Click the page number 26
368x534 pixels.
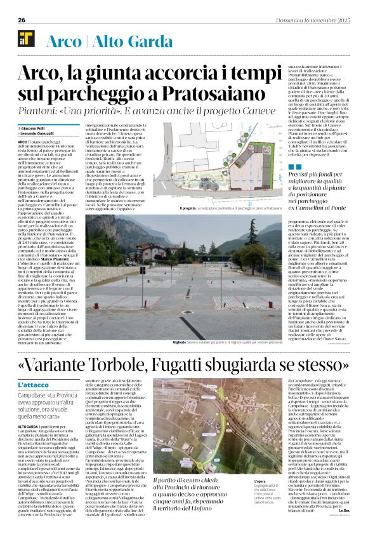tap(22, 20)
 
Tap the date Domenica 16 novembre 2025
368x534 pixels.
tap(317, 20)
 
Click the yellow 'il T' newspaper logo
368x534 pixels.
tap(27, 40)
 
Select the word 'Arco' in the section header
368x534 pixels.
tap(65, 41)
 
